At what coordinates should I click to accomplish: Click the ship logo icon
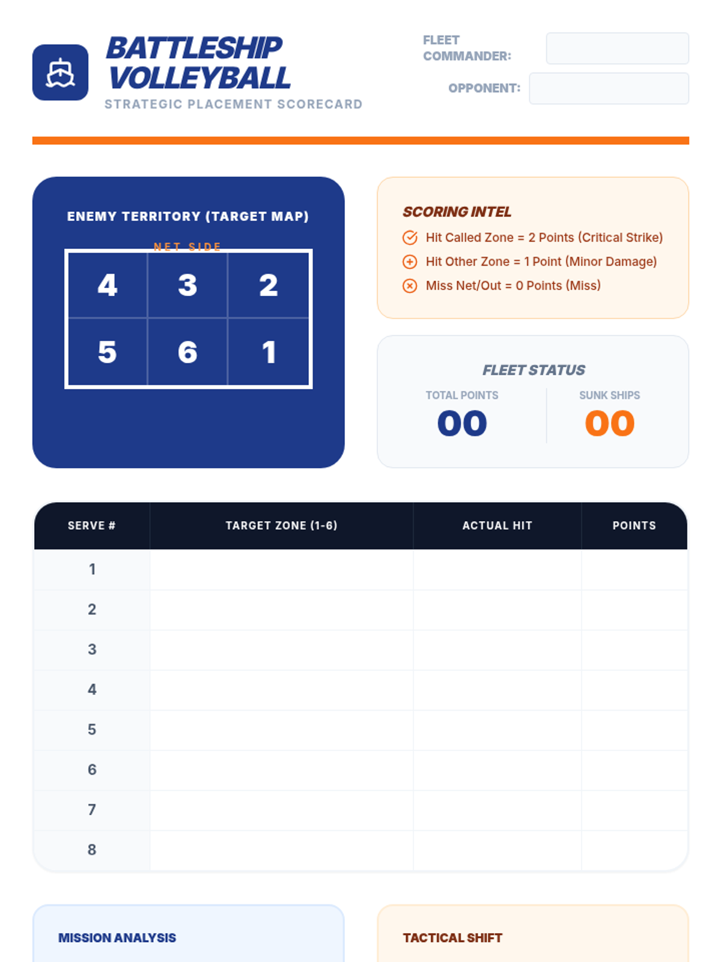coord(61,72)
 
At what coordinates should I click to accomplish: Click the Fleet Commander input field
coord(617,48)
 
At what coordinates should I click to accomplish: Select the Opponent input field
coord(609,88)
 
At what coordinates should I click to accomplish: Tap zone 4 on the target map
coord(108,285)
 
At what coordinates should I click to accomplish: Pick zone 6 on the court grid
coord(188,352)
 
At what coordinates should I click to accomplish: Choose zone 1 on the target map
coord(269,352)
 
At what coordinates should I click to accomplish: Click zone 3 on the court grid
coord(188,285)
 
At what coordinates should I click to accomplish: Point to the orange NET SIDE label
coord(187,247)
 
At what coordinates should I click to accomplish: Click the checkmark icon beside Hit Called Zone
coord(410,237)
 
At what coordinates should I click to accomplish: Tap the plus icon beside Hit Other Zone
coord(410,262)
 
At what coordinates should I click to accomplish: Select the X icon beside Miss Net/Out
coord(410,286)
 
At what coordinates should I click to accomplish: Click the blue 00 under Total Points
coord(462,423)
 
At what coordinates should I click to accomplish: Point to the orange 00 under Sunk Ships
coord(609,423)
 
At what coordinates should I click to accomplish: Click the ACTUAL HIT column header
coord(497,525)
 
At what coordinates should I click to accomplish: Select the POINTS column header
coord(634,525)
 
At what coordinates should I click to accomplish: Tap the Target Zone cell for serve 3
coord(281,649)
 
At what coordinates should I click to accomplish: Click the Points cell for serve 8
coord(634,850)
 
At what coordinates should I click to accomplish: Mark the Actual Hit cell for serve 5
coord(497,730)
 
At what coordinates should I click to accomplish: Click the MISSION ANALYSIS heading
coord(117,937)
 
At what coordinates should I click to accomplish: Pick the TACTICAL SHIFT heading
coord(452,937)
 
